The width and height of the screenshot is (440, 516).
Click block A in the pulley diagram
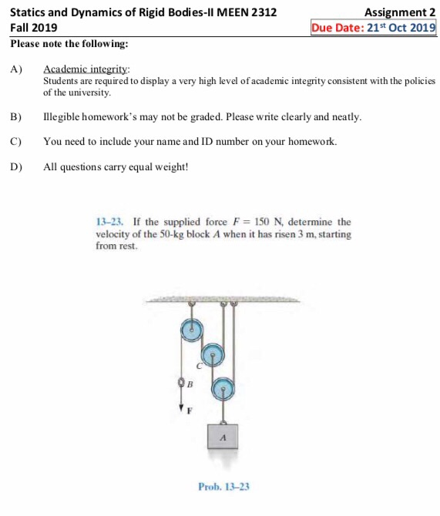coord(223,437)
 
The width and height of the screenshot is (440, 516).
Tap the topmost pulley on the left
coord(190,330)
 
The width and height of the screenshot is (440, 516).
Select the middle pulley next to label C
coord(213,354)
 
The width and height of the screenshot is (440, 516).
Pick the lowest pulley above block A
coord(223,389)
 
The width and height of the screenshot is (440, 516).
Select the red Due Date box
coord(373,28)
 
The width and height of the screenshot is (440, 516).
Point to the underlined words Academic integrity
coord(86,69)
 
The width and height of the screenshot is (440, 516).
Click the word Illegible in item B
coord(61,117)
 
